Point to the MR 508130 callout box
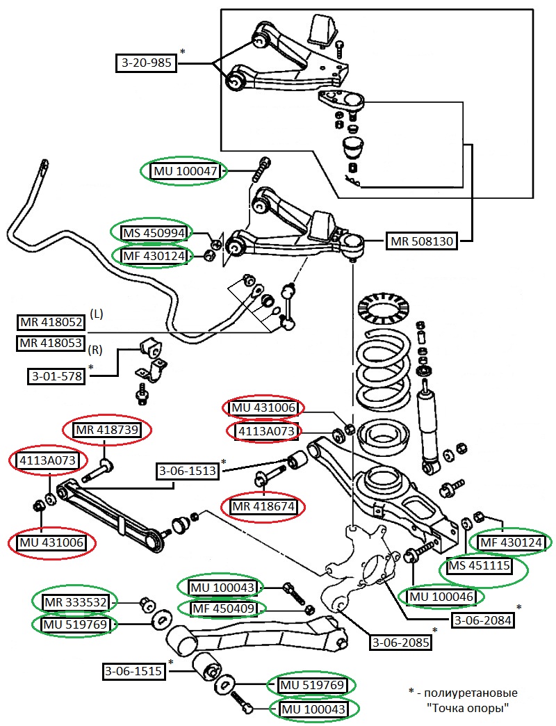coord(421,241)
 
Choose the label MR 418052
coord(51,323)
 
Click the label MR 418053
coord(51,343)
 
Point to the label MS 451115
coord(480,566)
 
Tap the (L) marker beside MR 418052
coord(97,314)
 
